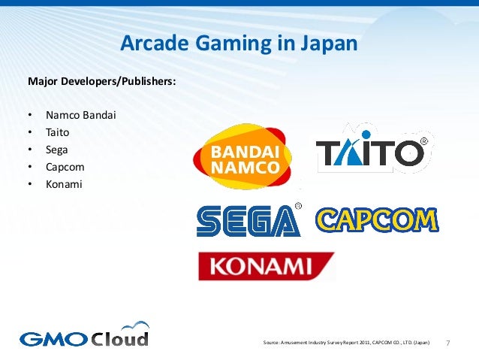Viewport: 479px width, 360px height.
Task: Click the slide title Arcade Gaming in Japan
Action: tap(239, 44)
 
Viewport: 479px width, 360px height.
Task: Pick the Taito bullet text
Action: tap(57, 132)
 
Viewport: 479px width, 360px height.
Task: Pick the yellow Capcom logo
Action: tap(377, 219)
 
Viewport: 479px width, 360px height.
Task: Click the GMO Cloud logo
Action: tap(84, 336)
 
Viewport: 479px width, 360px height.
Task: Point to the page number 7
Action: tap(448, 343)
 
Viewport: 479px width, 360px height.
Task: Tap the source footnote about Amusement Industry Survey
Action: tap(347, 343)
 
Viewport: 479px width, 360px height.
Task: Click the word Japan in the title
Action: tap(327, 44)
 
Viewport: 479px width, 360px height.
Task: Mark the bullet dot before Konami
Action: tap(30, 182)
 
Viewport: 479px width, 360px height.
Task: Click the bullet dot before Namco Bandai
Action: tap(30, 116)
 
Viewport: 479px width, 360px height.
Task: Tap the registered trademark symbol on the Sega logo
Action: tap(298, 205)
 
